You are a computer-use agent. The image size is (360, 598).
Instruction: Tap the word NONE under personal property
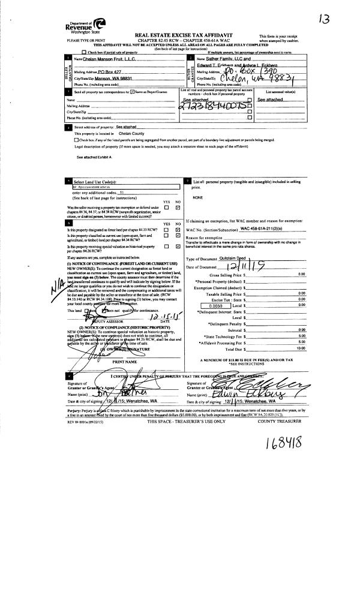[x=197, y=197]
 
